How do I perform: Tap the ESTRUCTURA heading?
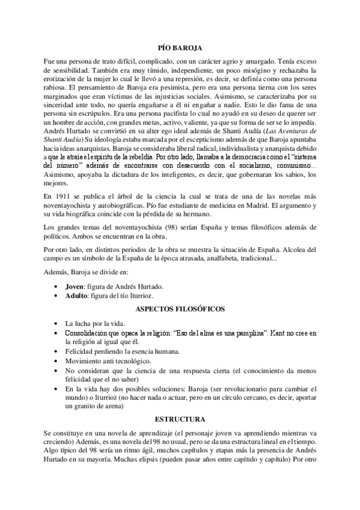(x=180, y=419)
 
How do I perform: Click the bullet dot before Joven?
(x=56, y=286)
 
